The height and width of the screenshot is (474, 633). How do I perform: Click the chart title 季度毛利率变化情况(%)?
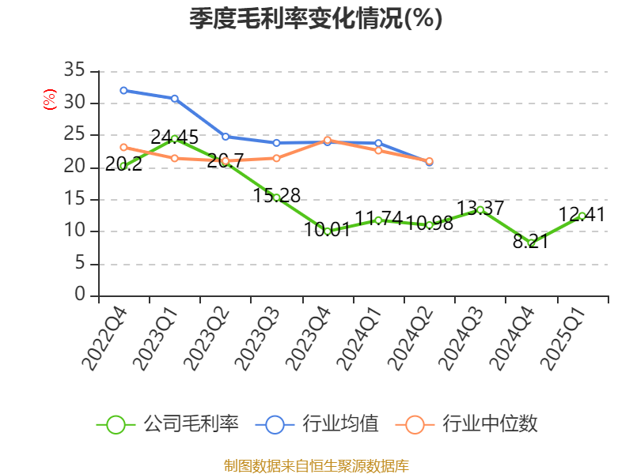click(316, 19)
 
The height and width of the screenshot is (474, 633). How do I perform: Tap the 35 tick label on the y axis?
click(74, 71)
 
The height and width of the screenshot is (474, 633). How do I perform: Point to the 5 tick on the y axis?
click(79, 264)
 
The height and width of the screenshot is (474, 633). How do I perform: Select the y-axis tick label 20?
click(74, 167)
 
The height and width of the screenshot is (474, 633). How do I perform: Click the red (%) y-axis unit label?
click(49, 100)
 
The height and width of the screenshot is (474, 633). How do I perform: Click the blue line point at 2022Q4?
click(123, 90)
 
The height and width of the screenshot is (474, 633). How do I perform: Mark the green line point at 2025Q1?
click(582, 216)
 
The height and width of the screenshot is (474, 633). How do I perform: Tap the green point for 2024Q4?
click(531, 243)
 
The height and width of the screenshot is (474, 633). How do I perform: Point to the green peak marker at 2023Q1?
click(174, 138)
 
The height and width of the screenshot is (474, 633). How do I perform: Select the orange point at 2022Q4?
click(123, 147)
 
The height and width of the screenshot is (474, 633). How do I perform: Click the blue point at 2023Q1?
click(174, 98)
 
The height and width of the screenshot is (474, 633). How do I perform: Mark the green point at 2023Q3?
click(276, 197)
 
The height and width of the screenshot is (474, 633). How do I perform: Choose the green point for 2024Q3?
click(480, 209)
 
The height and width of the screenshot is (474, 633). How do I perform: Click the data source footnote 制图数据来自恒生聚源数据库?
click(316, 465)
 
